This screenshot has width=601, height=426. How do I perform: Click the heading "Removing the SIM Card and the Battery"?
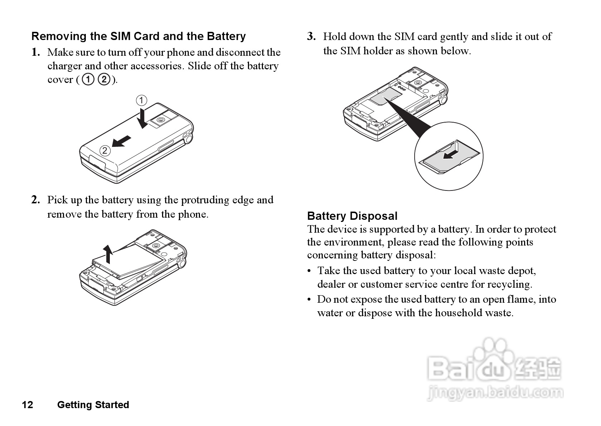pyautogui.click(x=138, y=36)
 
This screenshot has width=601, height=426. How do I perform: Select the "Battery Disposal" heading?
pyautogui.click(x=352, y=216)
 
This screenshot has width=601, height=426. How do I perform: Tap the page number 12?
pyautogui.click(x=28, y=405)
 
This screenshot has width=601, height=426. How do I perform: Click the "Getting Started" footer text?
pyautogui.click(x=93, y=405)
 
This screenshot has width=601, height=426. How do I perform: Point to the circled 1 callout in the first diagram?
pyautogui.click(x=141, y=100)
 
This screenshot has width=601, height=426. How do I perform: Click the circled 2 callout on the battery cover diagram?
pyautogui.click(x=104, y=150)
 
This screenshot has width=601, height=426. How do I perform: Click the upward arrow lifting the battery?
pyautogui.click(x=107, y=254)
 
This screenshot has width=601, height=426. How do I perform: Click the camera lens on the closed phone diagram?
pyautogui.click(x=160, y=120)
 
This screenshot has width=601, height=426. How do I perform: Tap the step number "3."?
pyautogui.click(x=311, y=36)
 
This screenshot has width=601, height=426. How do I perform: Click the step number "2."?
pyautogui.click(x=35, y=200)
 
